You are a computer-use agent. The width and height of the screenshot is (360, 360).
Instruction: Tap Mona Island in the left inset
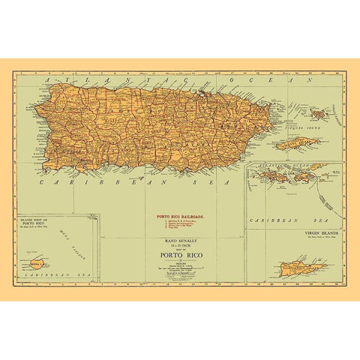pyautogui.click(x=37, y=264)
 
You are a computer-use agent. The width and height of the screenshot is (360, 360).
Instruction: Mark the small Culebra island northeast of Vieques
pyautogui.click(x=319, y=115)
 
